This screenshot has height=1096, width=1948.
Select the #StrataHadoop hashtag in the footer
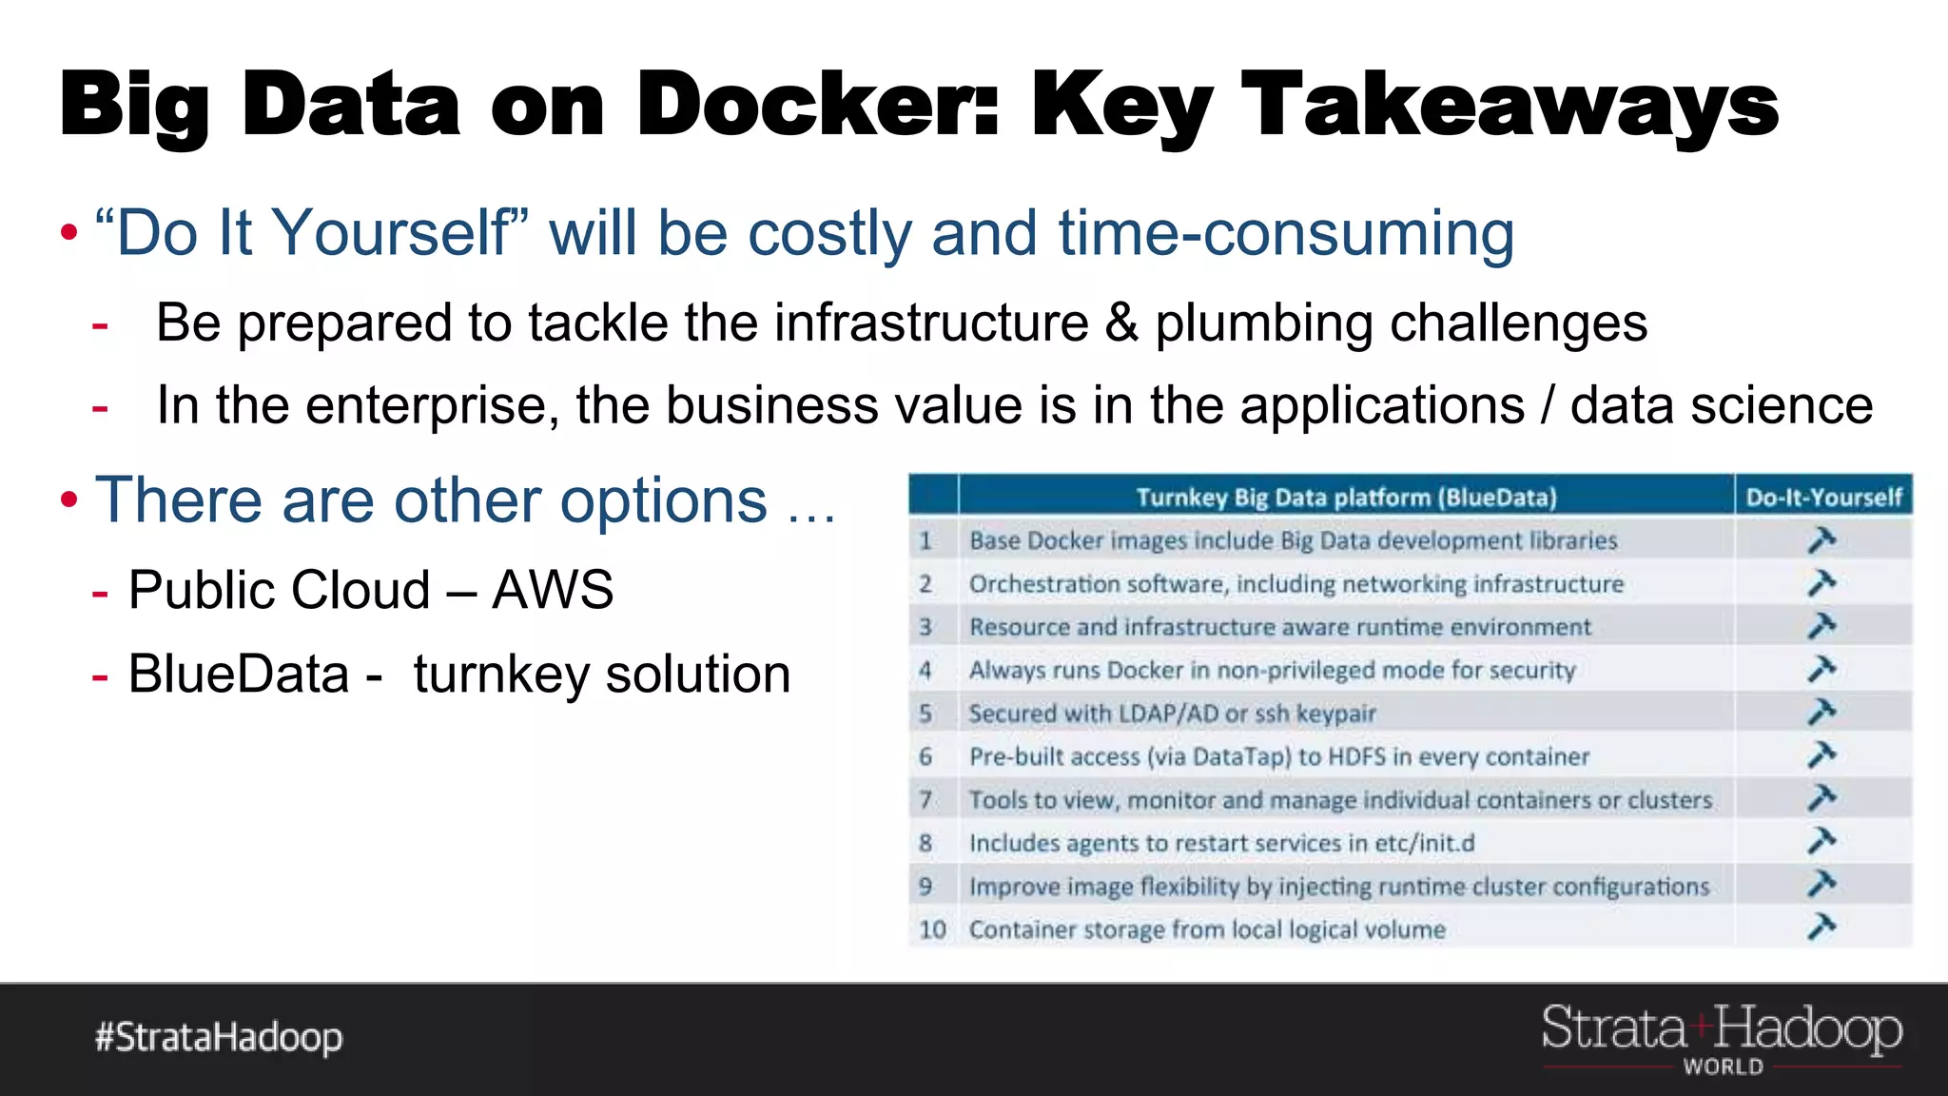click(x=219, y=1037)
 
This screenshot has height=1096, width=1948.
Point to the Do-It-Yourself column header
click(x=1823, y=498)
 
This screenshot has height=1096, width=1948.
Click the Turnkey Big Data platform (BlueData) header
click(x=1346, y=498)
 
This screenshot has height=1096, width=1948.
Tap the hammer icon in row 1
click(x=1821, y=540)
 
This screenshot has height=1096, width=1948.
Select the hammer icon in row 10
click(x=1821, y=927)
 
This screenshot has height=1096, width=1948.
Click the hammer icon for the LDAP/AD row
click(x=1821, y=713)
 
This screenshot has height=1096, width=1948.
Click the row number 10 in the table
click(x=932, y=929)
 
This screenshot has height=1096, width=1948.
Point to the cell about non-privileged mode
click(x=1272, y=670)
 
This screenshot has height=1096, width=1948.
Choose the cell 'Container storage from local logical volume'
click(x=1207, y=929)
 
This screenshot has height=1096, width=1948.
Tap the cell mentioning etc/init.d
click(x=1221, y=843)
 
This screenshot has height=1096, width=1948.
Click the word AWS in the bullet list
click(x=553, y=590)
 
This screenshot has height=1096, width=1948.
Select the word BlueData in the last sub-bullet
click(x=239, y=675)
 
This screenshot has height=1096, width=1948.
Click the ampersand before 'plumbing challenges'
click(x=1121, y=323)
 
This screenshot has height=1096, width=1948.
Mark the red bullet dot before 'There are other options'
click(x=68, y=499)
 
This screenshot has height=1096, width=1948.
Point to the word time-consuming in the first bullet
click(x=1286, y=234)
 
